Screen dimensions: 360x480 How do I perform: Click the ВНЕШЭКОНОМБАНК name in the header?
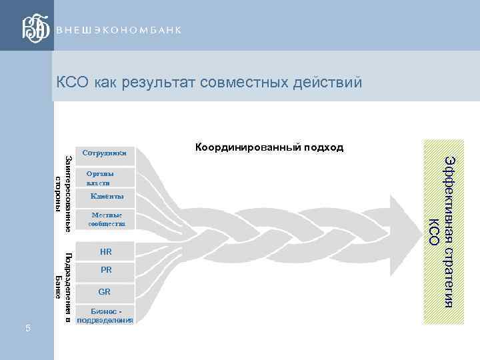(x=118, y=33)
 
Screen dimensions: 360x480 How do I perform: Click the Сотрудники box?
(x=105, y=153)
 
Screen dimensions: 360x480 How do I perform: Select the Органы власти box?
(x=105, y=178)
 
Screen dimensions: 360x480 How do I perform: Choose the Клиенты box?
(x=105, y=197)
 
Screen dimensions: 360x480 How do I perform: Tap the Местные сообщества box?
(x=105, y=221)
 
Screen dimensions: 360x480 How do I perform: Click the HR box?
(x=105, y=252)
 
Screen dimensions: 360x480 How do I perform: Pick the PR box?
(x=105, y=270)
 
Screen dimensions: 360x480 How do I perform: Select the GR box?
(x=105, y=292)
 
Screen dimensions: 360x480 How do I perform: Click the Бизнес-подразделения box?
(x=105, y=315)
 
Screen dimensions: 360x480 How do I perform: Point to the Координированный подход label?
(x=269, y=147)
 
